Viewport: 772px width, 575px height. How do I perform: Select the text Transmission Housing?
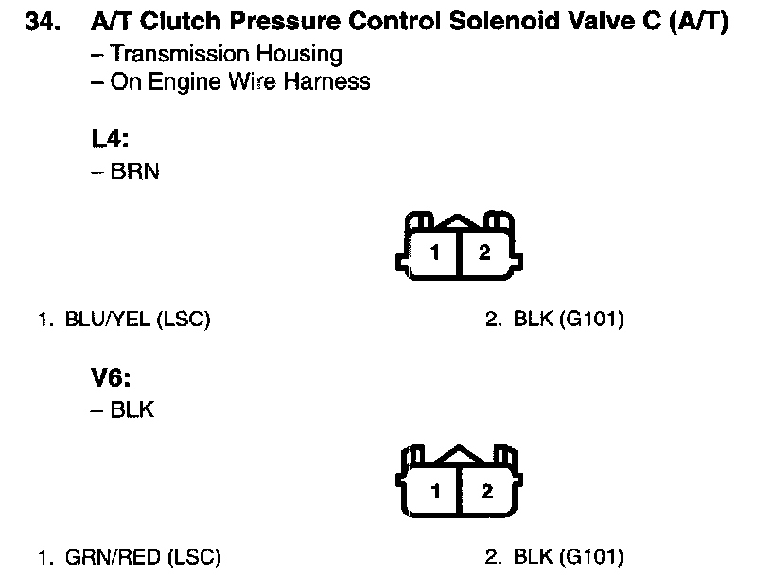(225, 55)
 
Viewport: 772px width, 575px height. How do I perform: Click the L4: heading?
(110, 139)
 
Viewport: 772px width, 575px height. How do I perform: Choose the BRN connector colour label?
(134, 173)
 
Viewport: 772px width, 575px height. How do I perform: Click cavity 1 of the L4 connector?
(434, 253)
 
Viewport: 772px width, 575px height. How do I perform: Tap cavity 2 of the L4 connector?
(484, 253)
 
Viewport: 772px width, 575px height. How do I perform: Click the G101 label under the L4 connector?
(591, 320)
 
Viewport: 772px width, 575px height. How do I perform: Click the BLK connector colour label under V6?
(132, 410)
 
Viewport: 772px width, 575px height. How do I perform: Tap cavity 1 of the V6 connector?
(436, 491)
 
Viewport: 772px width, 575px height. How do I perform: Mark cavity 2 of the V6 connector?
(486, 491)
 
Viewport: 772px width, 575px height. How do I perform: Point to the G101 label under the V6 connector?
(591, 557)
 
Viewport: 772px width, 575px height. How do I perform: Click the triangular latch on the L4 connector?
(459, 223)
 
